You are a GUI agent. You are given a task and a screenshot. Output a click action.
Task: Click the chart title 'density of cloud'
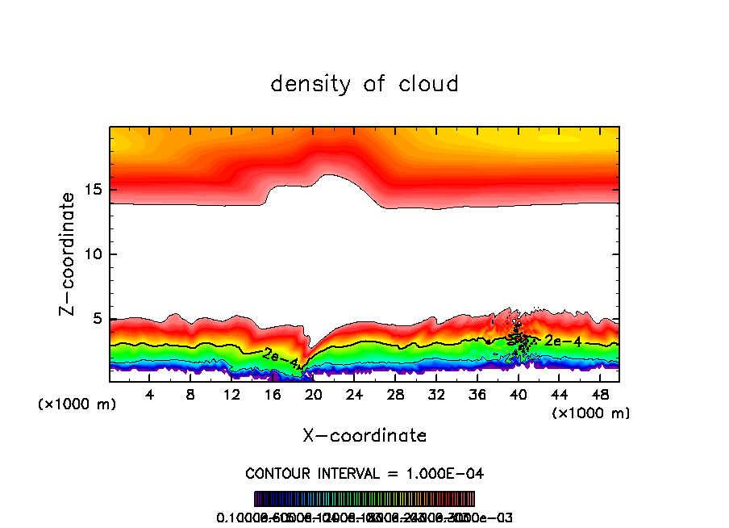364,84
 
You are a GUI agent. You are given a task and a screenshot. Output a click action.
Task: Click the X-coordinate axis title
364,436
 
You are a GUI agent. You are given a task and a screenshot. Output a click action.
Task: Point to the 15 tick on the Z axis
97,190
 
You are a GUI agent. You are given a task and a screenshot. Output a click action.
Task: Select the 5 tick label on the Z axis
100,319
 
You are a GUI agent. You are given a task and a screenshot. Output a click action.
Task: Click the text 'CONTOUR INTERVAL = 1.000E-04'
364,473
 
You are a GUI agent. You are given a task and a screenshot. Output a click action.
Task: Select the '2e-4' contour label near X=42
563,341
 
